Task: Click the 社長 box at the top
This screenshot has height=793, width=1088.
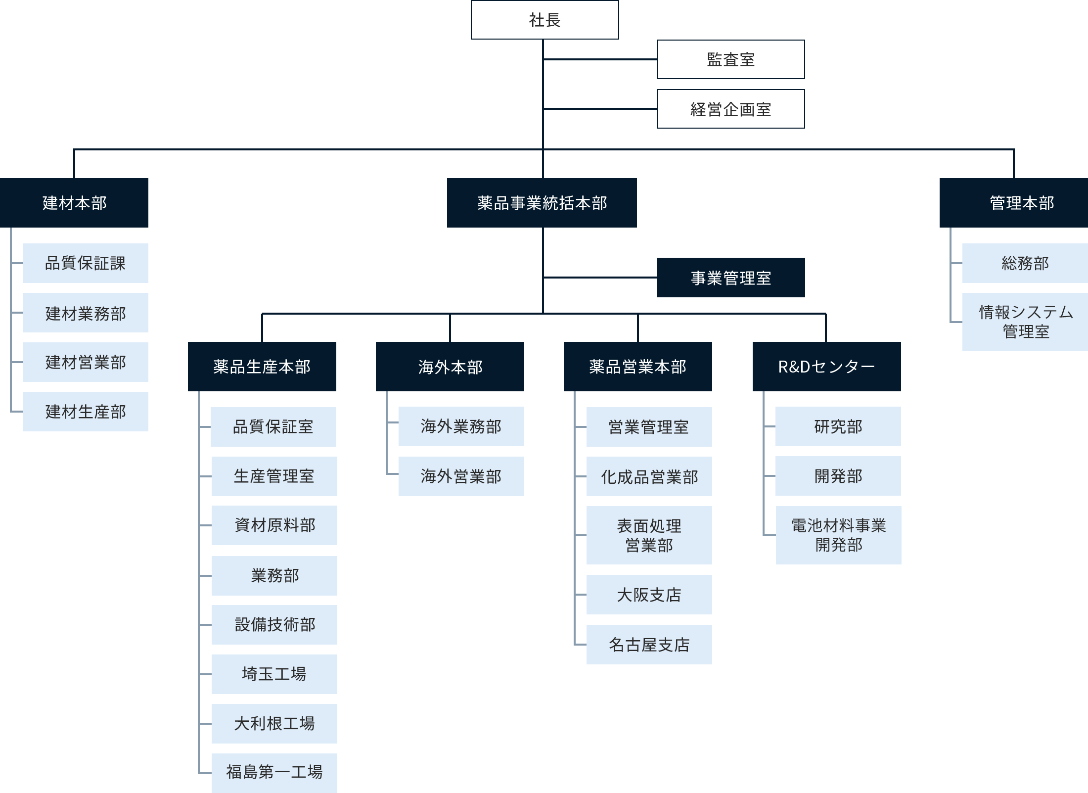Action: pyautogui.click(x=544, y=20)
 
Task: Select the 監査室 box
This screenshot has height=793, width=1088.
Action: pyautogui.click(x=730, y=59)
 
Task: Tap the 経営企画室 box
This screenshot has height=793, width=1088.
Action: pyautogui.click(x=730, y=109)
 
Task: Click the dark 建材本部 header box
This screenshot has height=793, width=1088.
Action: pyautogui.click(x=74, y=203)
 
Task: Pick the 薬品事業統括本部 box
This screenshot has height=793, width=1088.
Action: pyautogui.click(x=542, y=203)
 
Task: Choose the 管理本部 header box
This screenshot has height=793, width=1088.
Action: pyautogui.click(x=1014, y=203)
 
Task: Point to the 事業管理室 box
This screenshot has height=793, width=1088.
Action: pyautogui.click(x=730, y=278)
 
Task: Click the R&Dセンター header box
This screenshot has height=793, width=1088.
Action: pyautogui.click(x=826, y=367)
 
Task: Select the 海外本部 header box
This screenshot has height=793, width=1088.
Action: pyautogui.click(x=450, y=367)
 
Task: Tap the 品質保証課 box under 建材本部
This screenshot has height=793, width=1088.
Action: pyautogui.click(x=85, y=263)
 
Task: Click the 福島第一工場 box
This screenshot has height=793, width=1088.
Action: pyautogui.click(x=274, y=772)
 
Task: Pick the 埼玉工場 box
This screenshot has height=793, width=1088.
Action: pyautogui.click(x=274, y=674)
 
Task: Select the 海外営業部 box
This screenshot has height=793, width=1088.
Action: pyautogui.click(x=461, y=476)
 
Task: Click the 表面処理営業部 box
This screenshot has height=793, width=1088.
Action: pyautogui.click(x=649, y=535)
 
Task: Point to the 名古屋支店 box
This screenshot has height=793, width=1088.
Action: pyautogui.click(x=649, y=644)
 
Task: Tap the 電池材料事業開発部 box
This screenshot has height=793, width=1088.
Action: pyautogui.click(x=838, y=535)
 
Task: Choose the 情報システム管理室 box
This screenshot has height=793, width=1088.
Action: pyautogui.click(x=1025, y=322)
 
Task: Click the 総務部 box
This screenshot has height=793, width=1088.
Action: pyautogui.click(x=1025, y=263)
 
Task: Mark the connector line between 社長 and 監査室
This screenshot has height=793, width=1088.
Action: pyautogui.click(x=600, y=59)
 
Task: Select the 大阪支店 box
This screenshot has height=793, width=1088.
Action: pyautogui.click(x=649, y=595)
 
